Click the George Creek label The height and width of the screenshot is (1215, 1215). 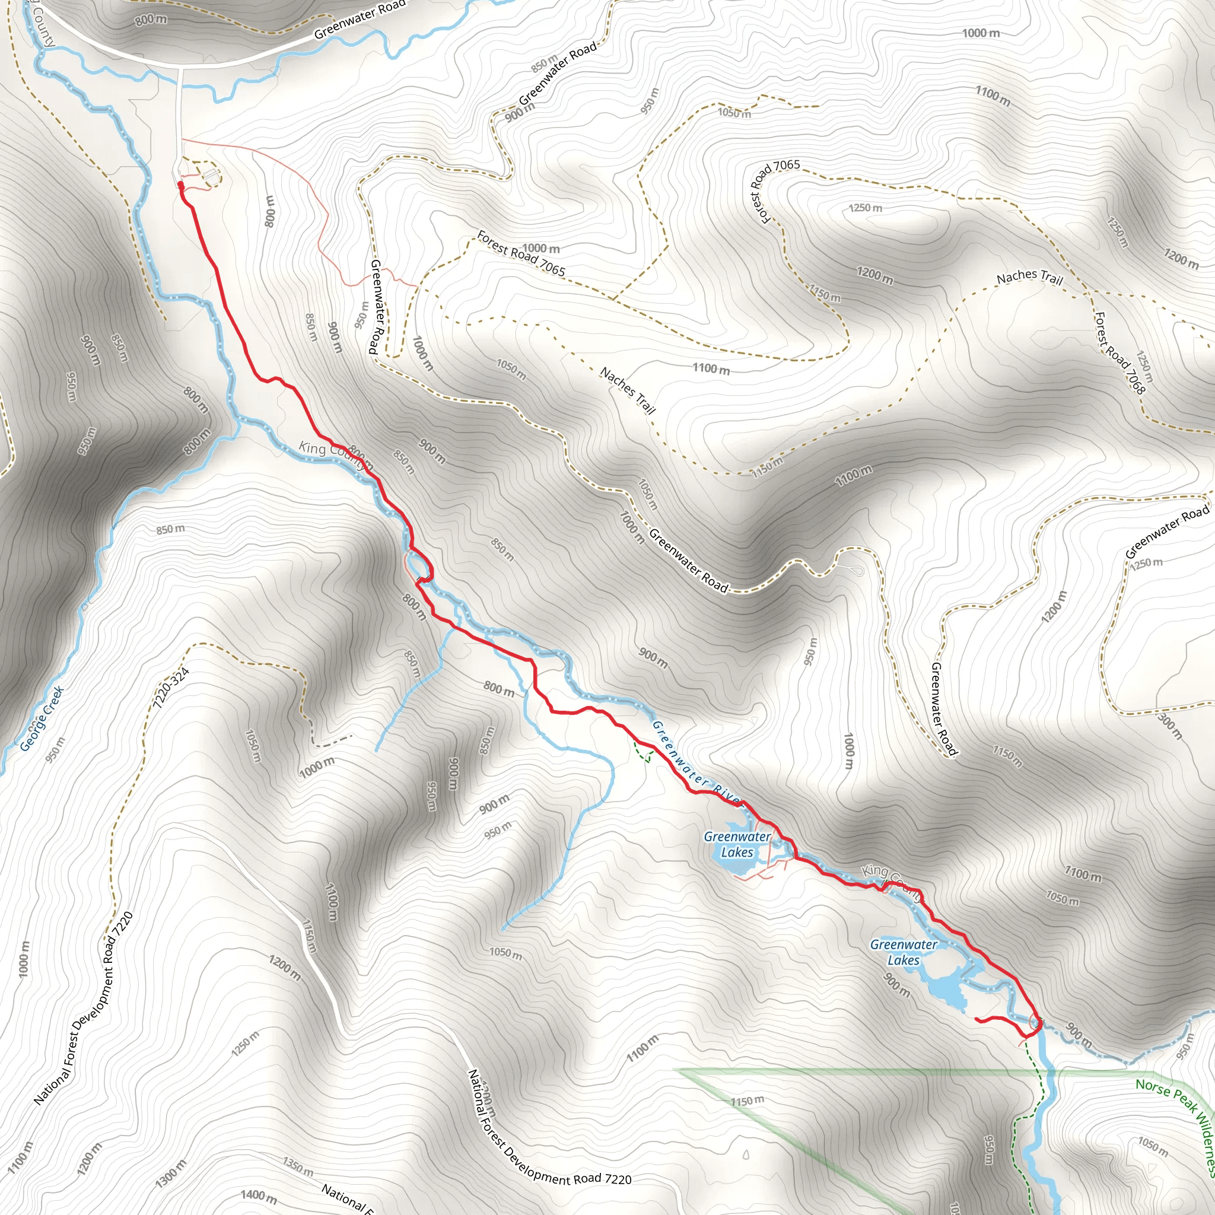click(42, 720)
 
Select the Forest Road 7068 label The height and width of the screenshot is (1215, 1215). click(1120, 352)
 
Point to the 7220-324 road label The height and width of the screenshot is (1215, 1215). click(171, 689)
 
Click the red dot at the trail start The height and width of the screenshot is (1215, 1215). click(180, 185)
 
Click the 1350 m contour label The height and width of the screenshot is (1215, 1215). click(297, 1167)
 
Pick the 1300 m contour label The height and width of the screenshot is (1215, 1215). click(171, 1172)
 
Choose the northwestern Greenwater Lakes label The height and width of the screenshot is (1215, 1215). click(737, 845)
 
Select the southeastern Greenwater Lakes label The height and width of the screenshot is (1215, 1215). click(904, 952)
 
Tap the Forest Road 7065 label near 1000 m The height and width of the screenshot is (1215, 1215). click(521, 253)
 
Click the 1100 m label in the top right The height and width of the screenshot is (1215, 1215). click(993, 96)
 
